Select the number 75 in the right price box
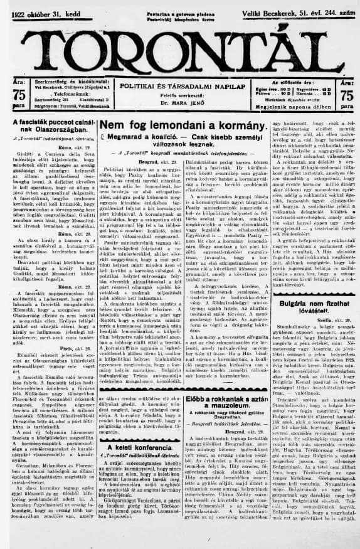[x=346, y=96]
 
